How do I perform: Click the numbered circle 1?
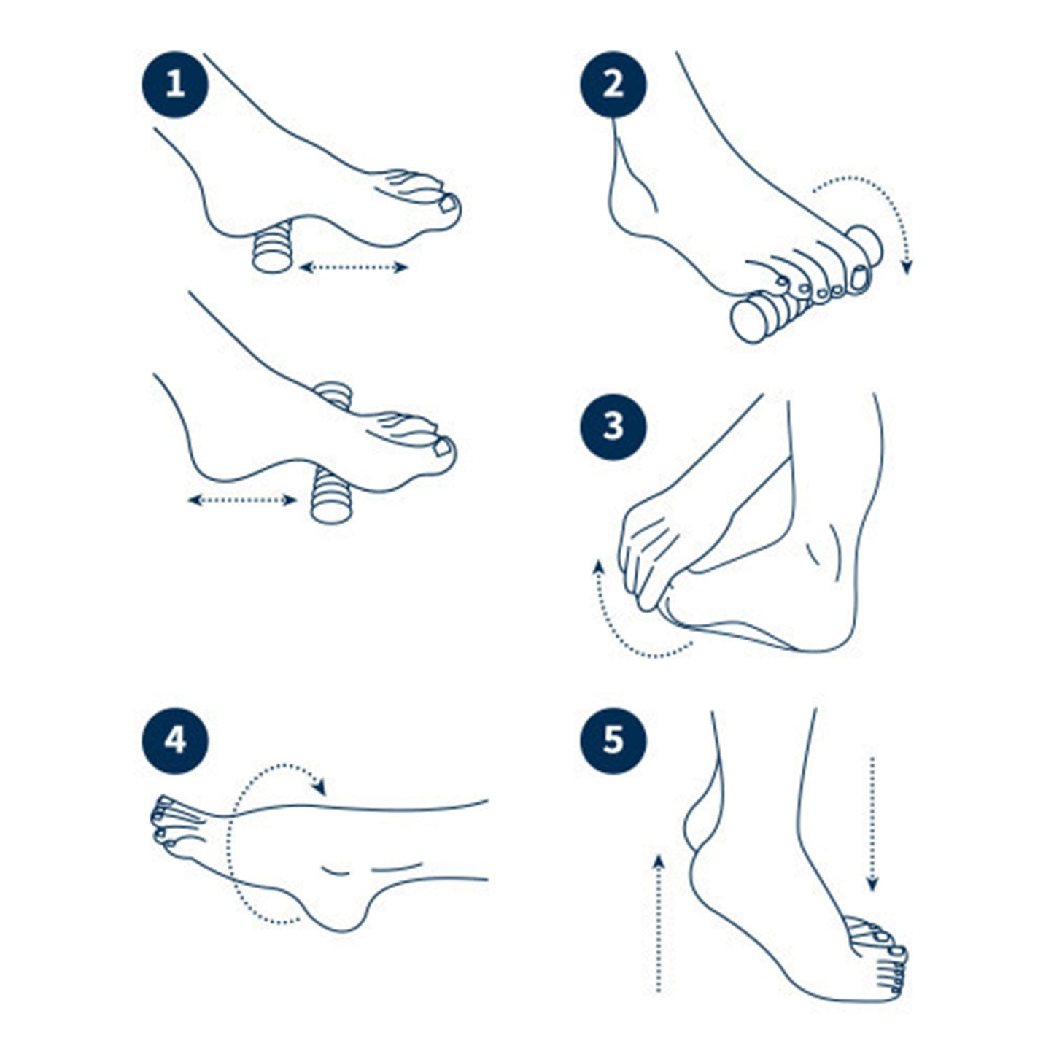point(175,85)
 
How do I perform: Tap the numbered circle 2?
point(613,85)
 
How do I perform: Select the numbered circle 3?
point(613,426)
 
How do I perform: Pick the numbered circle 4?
point(175,741)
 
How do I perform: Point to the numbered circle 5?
point(613,741)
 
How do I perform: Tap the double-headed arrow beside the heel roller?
point(354,267)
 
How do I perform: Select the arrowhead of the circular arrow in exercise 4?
point(319,788)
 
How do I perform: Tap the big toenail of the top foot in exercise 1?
point(447,204)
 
